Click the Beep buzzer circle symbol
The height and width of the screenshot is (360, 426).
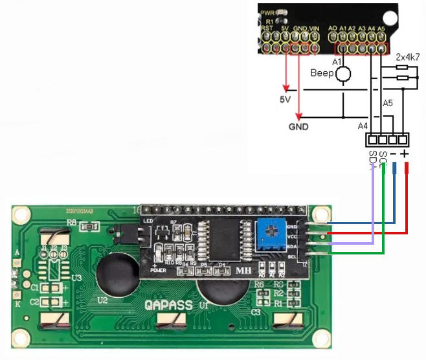(343, 74)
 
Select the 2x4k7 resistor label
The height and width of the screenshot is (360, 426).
(407, 58)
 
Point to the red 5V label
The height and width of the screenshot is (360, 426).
(286, 100)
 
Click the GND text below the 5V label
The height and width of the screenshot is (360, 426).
(298, 126)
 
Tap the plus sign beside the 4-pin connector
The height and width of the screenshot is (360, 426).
(405, 153)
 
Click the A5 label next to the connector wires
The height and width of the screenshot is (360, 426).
(388, 103)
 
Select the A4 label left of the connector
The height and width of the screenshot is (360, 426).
(363, 125)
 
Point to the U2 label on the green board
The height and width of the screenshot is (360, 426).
(103, 300)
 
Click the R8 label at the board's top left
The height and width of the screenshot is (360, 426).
(72, 222)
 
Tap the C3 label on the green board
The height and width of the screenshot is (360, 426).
(256, 312)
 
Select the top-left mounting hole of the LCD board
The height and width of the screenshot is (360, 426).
(21, 214)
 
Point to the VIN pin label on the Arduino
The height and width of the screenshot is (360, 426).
(315, 29)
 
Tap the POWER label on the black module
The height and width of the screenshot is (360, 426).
(158, 269)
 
